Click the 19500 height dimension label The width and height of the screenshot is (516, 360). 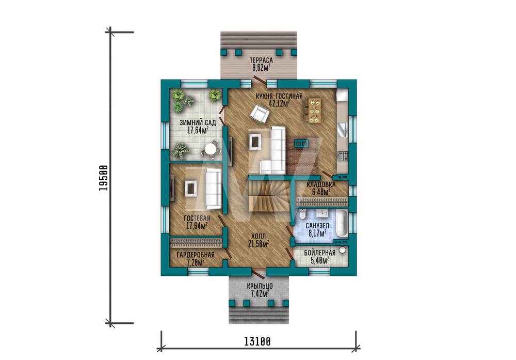click(x=103, y=178)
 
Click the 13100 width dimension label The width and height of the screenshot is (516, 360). click(x=257, y=341)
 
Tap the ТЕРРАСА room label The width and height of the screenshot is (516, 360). click(x=261, y=60)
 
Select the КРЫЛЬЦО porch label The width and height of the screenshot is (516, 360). click(x=260, y=286)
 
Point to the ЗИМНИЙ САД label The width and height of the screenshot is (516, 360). click(x=198, y=122)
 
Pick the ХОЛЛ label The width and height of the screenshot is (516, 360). click(x=259, y=236)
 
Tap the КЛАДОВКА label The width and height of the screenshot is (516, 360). click(x=321, y=184)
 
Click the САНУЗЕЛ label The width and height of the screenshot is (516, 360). click(x=317, y=226)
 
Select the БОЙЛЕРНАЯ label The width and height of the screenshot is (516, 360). click(x=319, y=253)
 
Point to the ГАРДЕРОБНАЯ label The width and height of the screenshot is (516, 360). click(x=196, y=255)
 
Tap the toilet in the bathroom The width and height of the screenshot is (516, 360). click(x=302, y=214)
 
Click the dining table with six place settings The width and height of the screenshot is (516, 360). click(x=315, y=111)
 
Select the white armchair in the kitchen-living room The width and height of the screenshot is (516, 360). click(x=260, y=114)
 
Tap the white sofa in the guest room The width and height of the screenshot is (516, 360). click(x=214, y=189)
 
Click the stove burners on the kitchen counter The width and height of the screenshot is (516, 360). click(x=343, y=156)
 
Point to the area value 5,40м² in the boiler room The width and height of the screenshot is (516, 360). click(x=320, y=260)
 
